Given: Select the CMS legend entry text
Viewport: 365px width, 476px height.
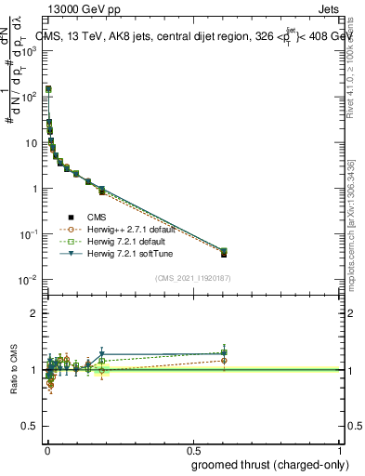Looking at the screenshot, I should tap(98, 217).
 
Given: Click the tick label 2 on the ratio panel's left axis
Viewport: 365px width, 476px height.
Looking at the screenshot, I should tap(34, 313).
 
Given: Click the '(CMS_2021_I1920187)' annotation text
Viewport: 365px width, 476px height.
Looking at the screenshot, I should tap(192, 277).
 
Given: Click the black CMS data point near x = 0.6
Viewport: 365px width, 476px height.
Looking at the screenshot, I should tap(224, 253).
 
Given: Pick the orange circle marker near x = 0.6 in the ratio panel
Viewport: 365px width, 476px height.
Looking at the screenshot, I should tap(224, 361).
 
